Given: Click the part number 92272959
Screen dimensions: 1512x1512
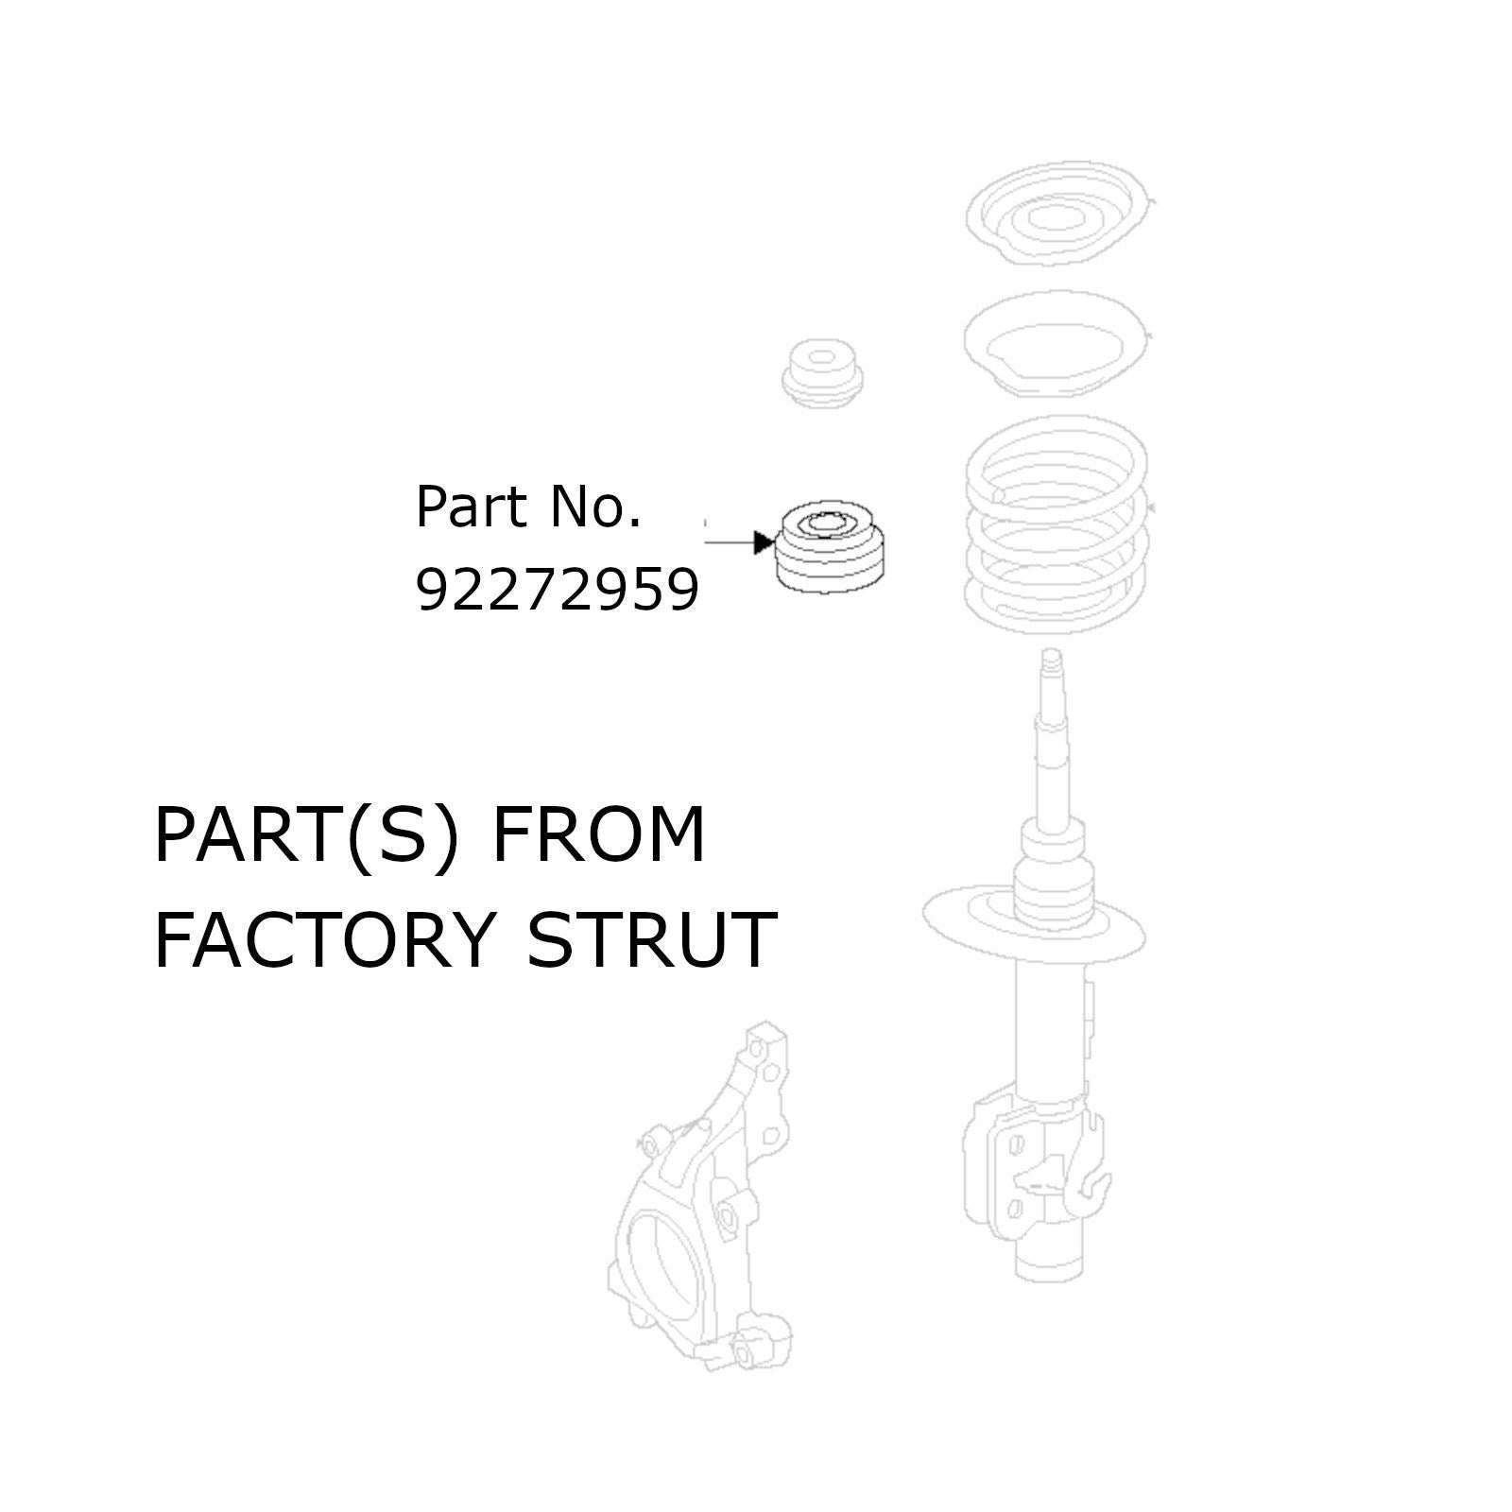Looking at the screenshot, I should pos(558,593).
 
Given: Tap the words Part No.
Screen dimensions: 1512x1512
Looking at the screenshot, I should pos(528,507).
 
